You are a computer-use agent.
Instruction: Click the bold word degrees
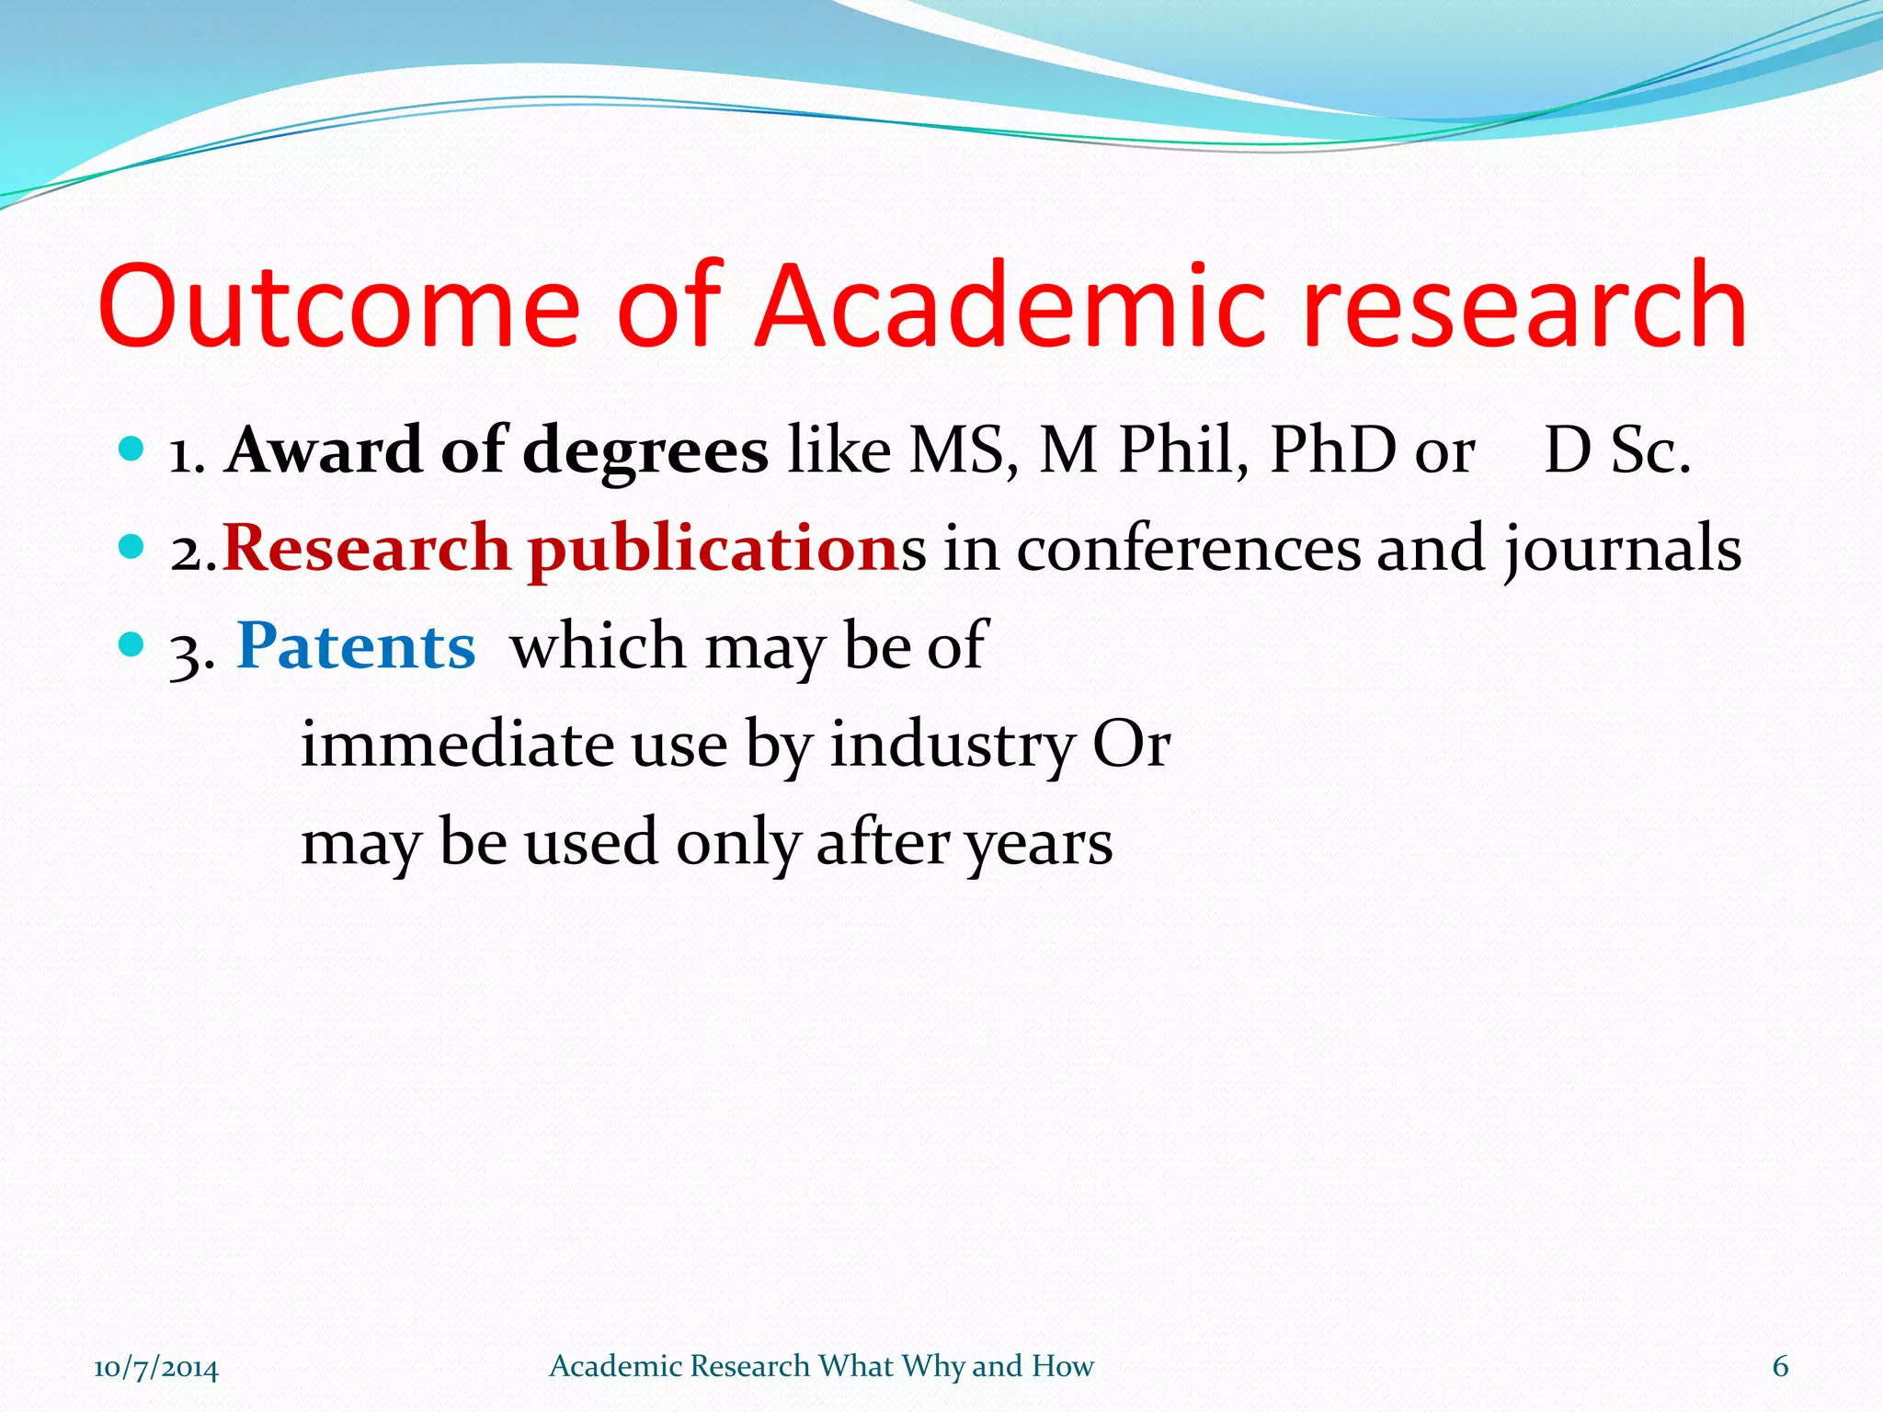point(645,451)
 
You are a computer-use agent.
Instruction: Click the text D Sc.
point(1617,451)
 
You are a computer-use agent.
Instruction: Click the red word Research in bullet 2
point(366,550)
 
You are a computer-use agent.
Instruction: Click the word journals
point(1623,550)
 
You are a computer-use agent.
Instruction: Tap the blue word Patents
point(356,646)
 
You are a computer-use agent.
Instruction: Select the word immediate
point(457,745)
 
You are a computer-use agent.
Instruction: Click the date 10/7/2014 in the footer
point(156,1367)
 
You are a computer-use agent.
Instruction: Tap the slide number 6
point(1780,1366)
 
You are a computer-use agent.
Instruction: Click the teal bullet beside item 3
point(132,644)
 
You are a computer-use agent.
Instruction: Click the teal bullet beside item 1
point(132,450)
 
